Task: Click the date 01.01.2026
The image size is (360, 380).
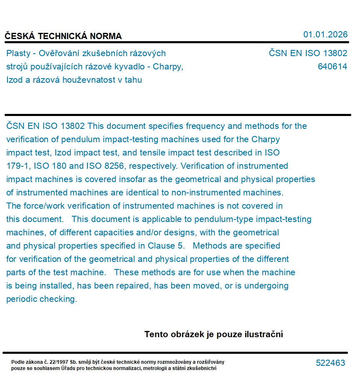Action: pyautogui.click(x=325, y=35)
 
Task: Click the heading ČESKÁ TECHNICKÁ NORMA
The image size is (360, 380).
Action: pyautogui.click(x=63, y=36)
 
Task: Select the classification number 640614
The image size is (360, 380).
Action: pyautogui.click(x=332, y=67)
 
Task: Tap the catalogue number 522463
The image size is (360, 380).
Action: pyautogui.click(x=330, y=363)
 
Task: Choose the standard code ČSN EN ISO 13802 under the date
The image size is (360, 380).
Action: pyautogui.click(x=308, y=53)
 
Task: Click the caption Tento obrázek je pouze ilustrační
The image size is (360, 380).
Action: pyautogui.click(x=214, y=334)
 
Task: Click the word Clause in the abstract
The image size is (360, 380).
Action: pyautogui.click(x=161, y=246)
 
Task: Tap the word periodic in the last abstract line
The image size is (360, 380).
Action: pyautogui.click(x=22, y=299)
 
